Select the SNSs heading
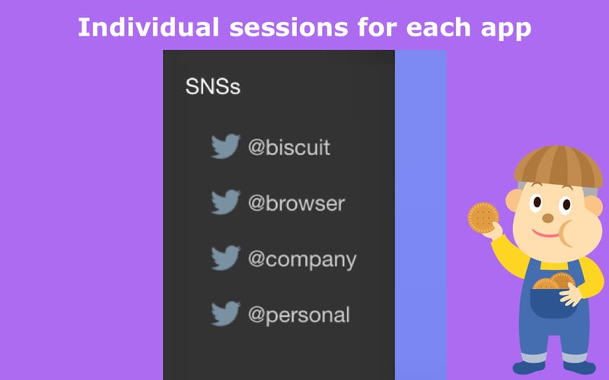(x=212, y=87)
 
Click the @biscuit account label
(x=289, y=147)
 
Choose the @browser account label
(x=296, y=203)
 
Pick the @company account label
(x=302, y=259)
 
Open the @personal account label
(x=299, y=315)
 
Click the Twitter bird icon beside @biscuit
(x=225, y=146)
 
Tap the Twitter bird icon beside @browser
(x=225, y=202)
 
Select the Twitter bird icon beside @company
(x=225, y=258)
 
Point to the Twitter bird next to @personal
(x=225, y=314)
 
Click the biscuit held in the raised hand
(x=483, y=217)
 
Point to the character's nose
(x=547, y=217)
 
